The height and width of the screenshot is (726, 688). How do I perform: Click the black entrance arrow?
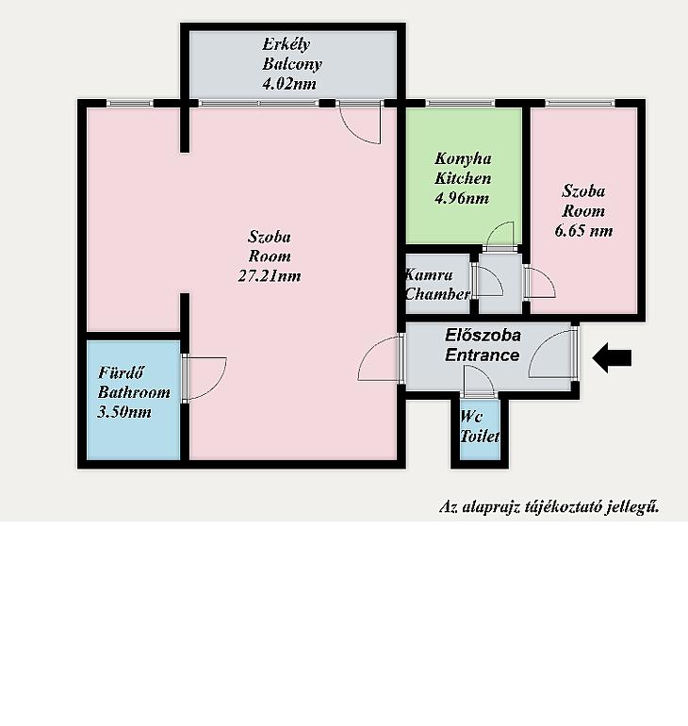point(612,357)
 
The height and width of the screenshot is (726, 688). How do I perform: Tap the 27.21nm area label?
point(270,276)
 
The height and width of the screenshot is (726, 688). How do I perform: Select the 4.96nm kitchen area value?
point(462,199)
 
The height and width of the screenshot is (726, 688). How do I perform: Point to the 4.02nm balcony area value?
point(289,84)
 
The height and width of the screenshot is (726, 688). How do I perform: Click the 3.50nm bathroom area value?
point(124,412)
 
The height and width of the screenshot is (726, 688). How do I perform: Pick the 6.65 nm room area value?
point(584,231)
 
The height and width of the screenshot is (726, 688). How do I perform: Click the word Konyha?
point(463,158)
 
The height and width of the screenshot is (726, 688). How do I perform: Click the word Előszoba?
point(483,336)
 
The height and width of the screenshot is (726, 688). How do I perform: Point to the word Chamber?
point(437,294)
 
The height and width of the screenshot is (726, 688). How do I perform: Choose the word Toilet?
point(480,437)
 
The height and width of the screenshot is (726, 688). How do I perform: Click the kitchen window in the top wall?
point(460,104)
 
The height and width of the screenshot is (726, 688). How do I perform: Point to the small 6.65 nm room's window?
point(580,104)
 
